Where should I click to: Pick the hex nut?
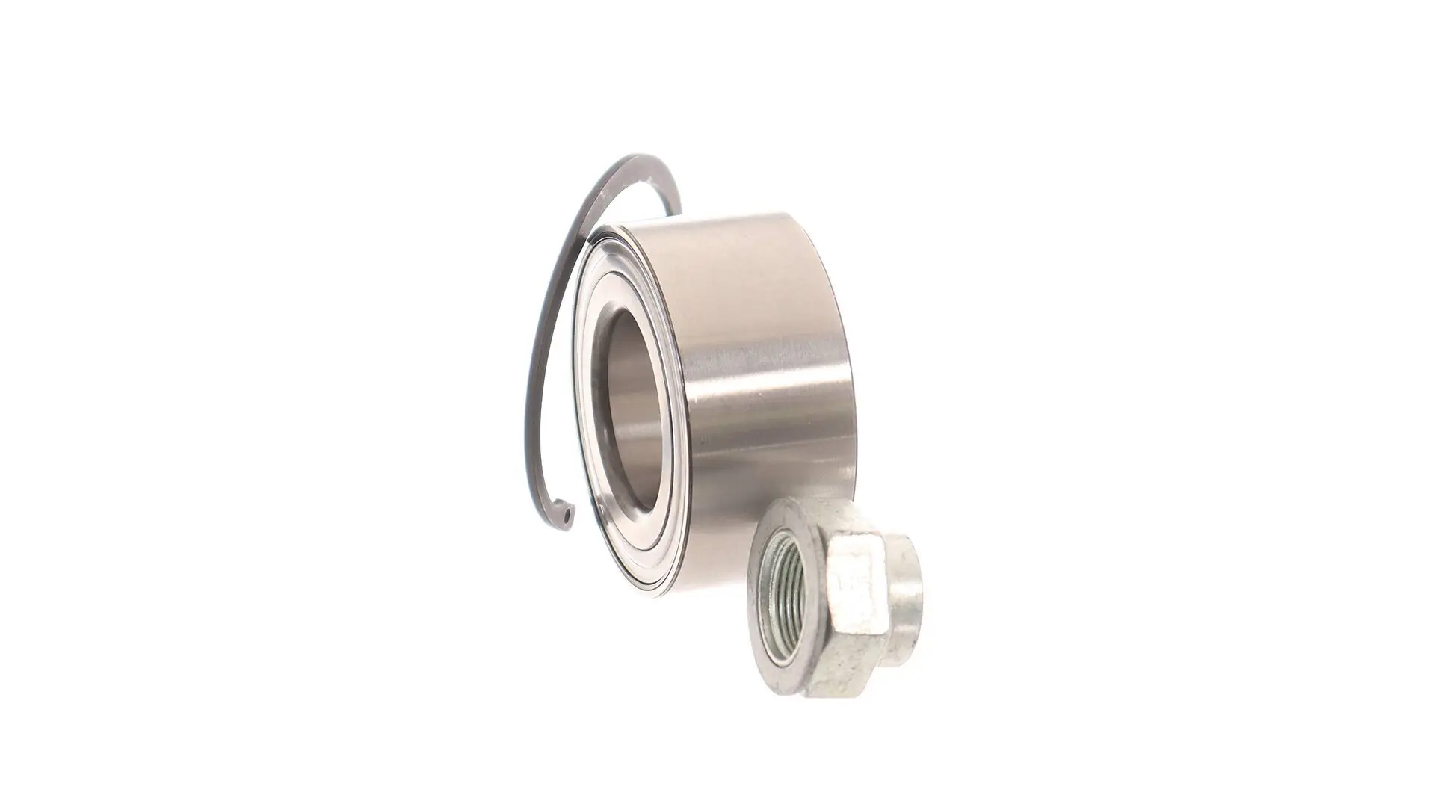(837, 598)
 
